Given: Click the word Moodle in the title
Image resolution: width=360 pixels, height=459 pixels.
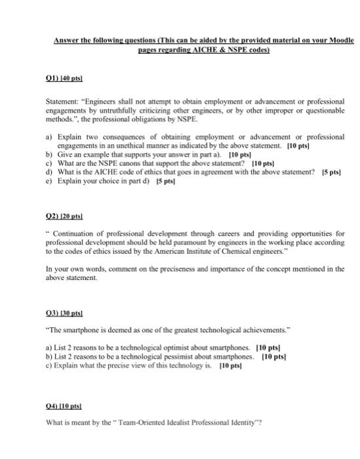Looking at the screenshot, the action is (x=339, y=40).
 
